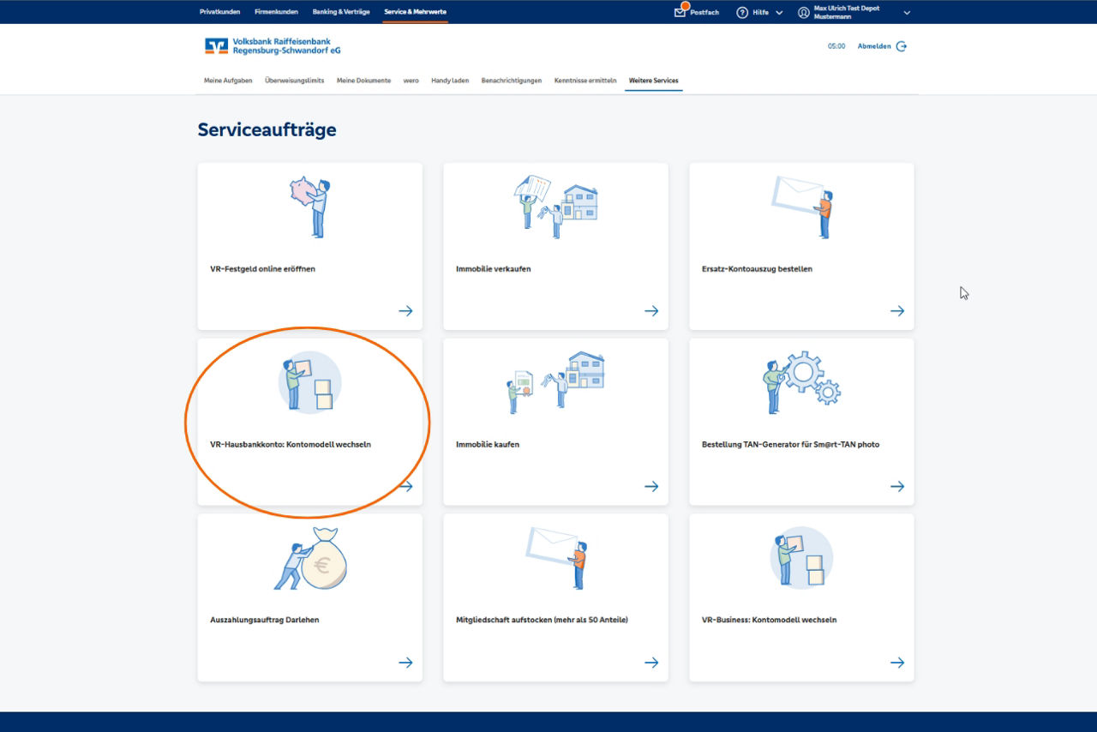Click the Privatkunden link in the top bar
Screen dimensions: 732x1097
(x=219, y=12)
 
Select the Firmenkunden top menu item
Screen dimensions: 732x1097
(x=276, y=12)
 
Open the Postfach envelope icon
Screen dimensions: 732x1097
(x=680, y=12)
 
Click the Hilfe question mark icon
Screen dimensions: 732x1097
(x=742, y=13)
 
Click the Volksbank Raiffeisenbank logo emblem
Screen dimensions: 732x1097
(x=216, y=46)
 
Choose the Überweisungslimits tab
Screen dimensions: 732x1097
(x=294, y=81)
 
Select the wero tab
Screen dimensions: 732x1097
(x=411, y=81)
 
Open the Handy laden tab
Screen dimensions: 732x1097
(x=450, y=81)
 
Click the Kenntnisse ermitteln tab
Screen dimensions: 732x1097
(x=585, y=81)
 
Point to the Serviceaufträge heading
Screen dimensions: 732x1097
(x=267, y=130)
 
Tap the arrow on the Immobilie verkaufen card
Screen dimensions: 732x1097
(x=651, y=311)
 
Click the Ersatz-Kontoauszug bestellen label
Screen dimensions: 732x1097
(x=757, y=269)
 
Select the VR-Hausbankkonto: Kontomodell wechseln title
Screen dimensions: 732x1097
(x=291, y=445)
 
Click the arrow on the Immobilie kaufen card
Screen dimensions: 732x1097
(x=651, y=486)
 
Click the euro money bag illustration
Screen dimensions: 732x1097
(x=323, y=562)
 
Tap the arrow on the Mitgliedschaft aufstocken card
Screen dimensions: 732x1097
(x=651, y=663)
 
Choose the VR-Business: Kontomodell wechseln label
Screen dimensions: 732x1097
(x=769, y=620)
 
